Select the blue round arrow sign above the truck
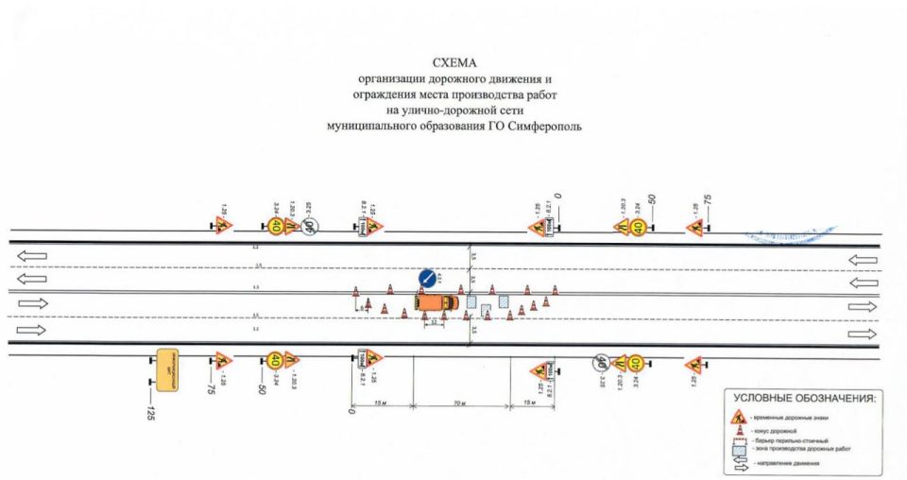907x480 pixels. click(x=427, y=278)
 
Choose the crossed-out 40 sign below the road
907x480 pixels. click(x=601, y=362)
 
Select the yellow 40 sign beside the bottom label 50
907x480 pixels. click(x=275, y=360)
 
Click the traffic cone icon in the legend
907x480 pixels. click(x=740, y=430)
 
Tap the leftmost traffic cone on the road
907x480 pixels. click(x=355, y=292)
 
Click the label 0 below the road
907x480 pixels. click(x=351, y=412)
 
